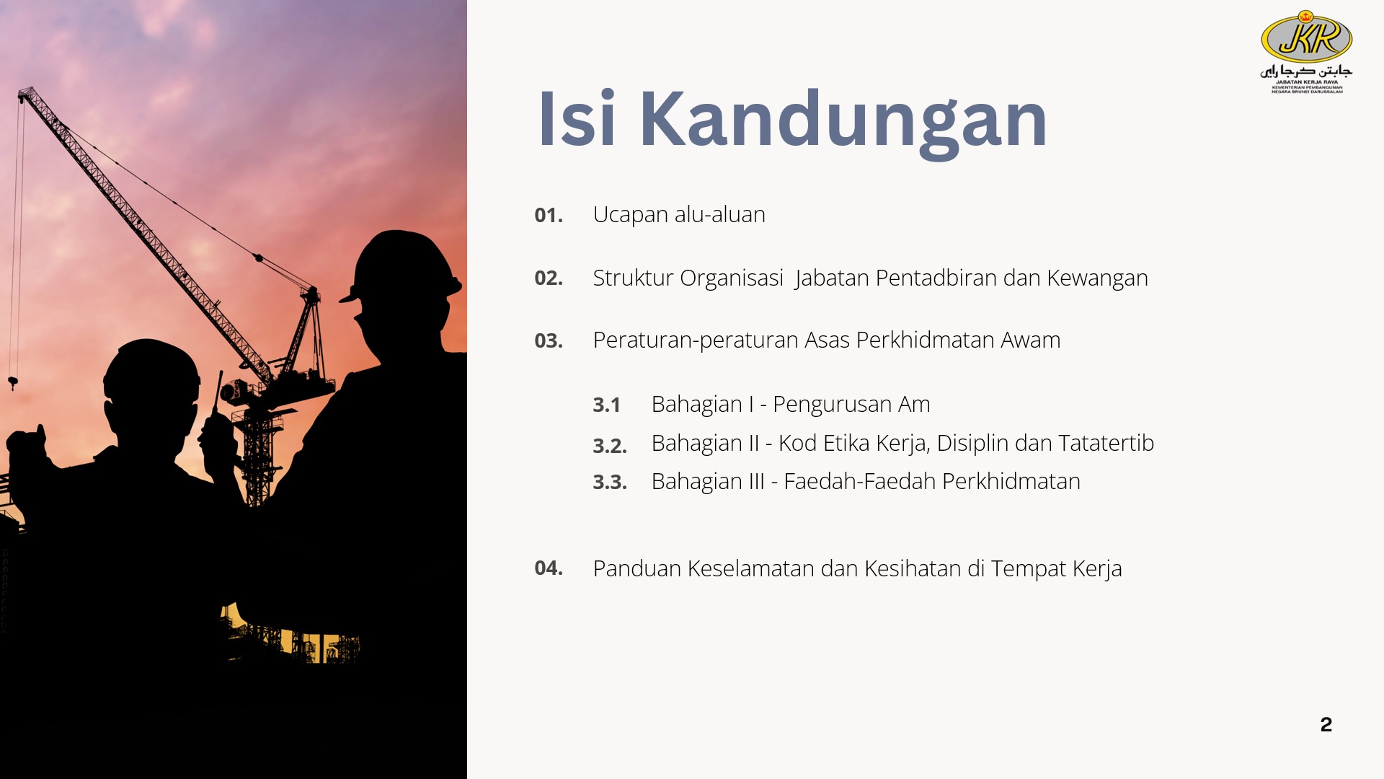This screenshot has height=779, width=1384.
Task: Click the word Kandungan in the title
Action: pyautogui.click(x=843, y=121)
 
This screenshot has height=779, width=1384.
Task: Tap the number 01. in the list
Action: pyautogui.click(x=549, y=215)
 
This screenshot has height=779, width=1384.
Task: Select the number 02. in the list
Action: pyautogui.click(x=549, y=278)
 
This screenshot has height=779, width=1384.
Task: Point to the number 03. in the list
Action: pyautogui.click(x=549, y=340)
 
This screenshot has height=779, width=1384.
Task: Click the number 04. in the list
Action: pyautogui.click(x=549, y=568)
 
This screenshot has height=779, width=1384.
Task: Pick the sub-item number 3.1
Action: pyautogui.click(x=606, y=405)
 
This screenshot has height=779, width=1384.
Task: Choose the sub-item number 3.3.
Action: pyautogui.click(x=610, y=482)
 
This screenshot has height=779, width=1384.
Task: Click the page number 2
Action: pyautogui.click(x=1326, y=724)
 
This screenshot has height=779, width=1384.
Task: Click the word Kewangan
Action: pyautogui.click(x=1097, y=278)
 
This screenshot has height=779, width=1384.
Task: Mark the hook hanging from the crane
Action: pyautogui.click(x=13, y=383)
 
